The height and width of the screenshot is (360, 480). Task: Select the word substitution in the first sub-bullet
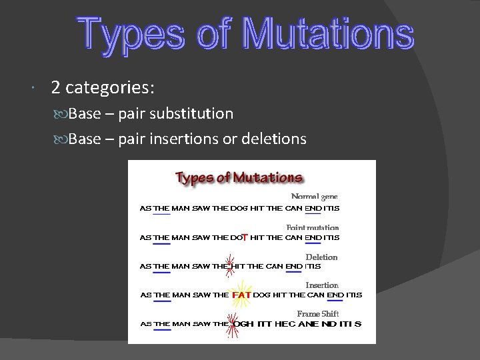pos(195,113)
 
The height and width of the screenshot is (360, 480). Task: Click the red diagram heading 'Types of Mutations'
pos(239,178)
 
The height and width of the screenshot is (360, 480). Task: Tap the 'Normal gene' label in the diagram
pos(315,196)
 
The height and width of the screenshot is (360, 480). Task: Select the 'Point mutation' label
pos(313,227)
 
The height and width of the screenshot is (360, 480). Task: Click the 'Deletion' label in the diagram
pos(321,257)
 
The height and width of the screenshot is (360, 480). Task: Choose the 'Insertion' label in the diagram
pos(322,285)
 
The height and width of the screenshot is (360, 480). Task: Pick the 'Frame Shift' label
pos(318,314)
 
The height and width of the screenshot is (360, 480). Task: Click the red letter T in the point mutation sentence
pos(245,237)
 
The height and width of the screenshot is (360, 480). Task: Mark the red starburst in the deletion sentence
pos(230,265)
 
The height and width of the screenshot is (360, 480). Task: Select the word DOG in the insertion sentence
pos(263,295)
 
